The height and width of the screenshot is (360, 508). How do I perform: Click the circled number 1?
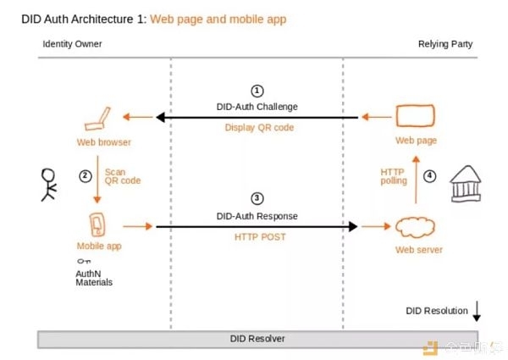[257, 91]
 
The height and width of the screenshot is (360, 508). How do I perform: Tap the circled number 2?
[86, 176]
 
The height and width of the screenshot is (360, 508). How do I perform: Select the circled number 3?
[257, 198]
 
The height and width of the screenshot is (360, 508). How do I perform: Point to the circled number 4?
[429, 176]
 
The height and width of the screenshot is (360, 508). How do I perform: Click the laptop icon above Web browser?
[97, 119]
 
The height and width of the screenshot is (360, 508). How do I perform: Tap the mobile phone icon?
[97, 224]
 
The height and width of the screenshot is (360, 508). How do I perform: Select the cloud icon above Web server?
[415, 228]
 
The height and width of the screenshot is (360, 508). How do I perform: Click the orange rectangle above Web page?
[416, 116]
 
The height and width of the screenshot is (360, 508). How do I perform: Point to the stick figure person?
[49, 185]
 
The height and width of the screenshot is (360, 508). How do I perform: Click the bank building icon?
[466, 184]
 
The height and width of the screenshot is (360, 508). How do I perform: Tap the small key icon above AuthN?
[84, 261]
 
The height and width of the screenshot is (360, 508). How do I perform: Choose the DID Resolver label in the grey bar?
[257, 339]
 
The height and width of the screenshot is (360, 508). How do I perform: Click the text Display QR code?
[260, 127]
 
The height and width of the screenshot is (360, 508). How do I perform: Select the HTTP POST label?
[260, 237]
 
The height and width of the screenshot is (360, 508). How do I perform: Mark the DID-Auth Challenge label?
[257, 107]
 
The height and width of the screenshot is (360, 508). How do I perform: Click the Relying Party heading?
[445, 44]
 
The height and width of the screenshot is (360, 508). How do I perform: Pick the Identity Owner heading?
[72, 44]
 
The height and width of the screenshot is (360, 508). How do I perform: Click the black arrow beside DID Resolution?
[476, 311]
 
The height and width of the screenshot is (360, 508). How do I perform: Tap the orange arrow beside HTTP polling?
[416, 180]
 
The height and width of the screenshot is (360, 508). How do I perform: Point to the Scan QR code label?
[123, 176]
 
